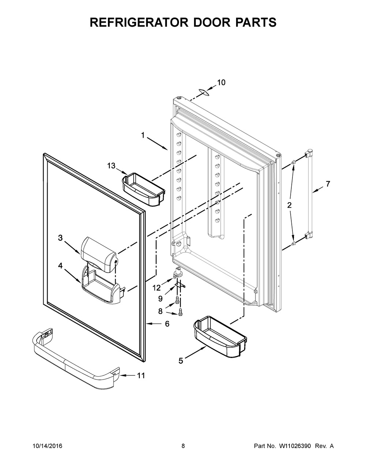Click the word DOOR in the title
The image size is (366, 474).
[x=209, y=22]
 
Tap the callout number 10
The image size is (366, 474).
[x=221, y=83]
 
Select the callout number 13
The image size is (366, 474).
[x=111, y=166]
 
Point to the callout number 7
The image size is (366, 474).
[x=328, y=184]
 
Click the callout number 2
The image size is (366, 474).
[x=289, y=205]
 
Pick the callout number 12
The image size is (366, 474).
[x=157, y=288]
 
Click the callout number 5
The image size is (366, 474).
[x=181, y=361]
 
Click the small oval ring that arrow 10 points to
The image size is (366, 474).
[x=204, y=92]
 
